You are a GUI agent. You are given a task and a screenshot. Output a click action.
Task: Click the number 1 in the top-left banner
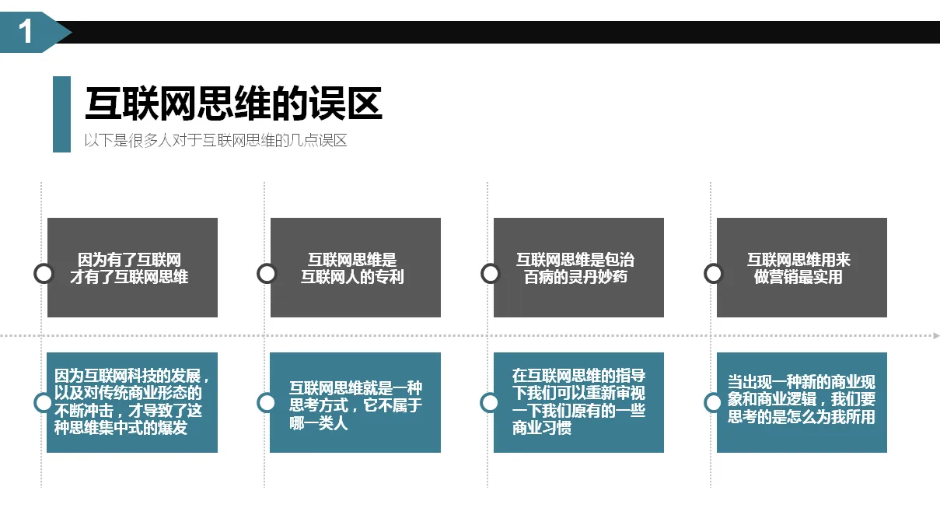(x=26, y=33)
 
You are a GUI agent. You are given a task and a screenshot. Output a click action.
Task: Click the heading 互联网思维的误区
(x=233, y=104)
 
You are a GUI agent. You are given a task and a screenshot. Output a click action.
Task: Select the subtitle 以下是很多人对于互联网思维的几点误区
(x=215, y=141)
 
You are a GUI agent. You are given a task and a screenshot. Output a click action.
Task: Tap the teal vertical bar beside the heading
(x=61, y=114)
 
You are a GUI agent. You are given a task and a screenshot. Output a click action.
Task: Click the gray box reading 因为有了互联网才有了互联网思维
(x=132, y=268)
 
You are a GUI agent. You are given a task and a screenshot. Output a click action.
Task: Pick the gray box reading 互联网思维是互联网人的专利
(x=355, y=268)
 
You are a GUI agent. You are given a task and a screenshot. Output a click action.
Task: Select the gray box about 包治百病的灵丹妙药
(x=578, y=268)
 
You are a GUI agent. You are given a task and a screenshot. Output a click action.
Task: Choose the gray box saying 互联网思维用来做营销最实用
(x=802, y=268)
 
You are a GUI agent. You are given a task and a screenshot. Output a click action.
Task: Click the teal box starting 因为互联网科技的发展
(x=132, y=402)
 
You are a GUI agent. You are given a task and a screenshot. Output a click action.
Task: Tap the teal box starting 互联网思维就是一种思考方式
(x=355, y=402)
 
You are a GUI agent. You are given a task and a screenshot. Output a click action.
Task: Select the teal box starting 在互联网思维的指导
(x=578, y=402)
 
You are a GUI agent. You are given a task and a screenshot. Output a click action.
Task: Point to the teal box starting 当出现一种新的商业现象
(x=802, y=402)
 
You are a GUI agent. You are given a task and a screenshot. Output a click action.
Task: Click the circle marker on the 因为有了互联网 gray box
(x=44, y=273)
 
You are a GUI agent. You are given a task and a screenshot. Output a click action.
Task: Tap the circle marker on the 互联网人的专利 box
(x=267, y=273)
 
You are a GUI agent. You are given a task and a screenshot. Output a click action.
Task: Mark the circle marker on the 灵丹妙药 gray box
(x=490, y=273)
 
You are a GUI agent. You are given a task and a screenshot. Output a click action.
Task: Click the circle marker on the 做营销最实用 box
(x=713, y=273)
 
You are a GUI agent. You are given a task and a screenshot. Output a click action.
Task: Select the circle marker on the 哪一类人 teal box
(x=267, y=402)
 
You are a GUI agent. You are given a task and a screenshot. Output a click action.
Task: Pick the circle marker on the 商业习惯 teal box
(x=490, y=402)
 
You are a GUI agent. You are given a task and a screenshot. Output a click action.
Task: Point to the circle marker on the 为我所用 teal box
(x=713, y=402)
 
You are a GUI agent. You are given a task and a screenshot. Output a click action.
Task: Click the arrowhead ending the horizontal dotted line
(x=936, y=336)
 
